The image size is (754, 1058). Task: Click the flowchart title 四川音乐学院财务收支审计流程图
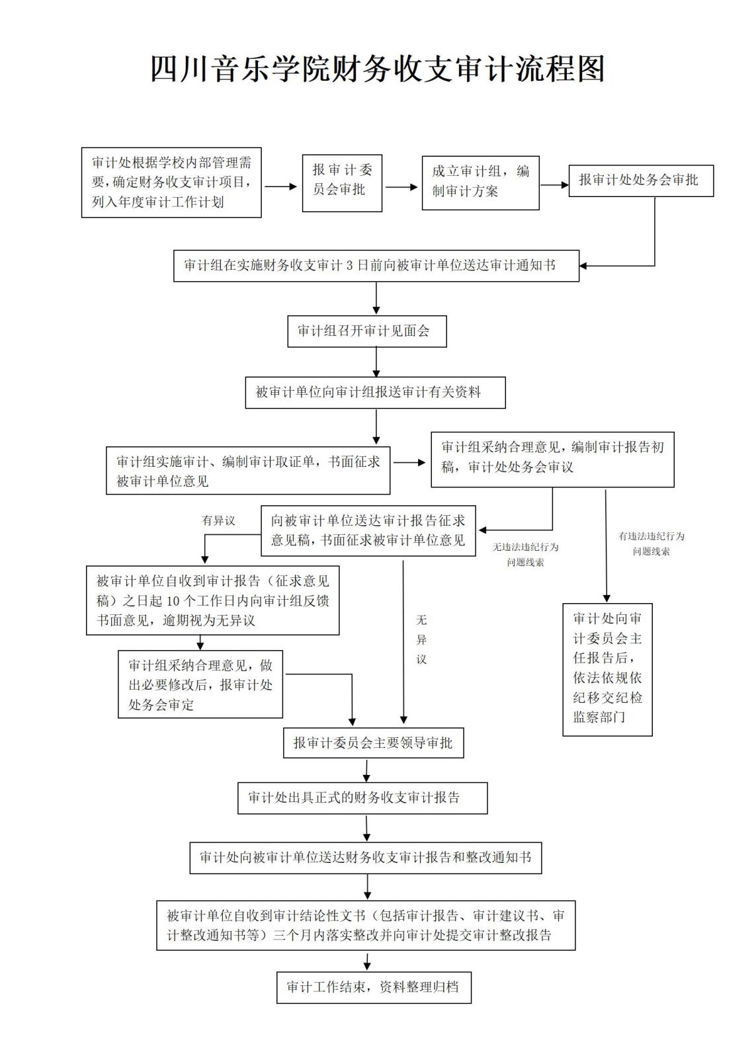coord(377,69)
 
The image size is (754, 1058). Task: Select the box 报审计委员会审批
coord(342,183)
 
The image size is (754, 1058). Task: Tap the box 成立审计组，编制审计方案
coord(480,183)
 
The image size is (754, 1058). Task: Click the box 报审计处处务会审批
coord(640,181)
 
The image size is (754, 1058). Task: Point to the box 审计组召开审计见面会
coord(366,331)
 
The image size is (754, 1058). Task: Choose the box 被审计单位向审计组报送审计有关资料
coord(375,393)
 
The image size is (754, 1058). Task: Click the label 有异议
coord(218,521)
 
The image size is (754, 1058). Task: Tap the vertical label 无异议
coord(421,639)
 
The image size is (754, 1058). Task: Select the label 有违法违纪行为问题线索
coord(651,544)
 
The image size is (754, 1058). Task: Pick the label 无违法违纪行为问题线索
coord(525,555)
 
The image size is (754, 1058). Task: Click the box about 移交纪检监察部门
coord(607,669)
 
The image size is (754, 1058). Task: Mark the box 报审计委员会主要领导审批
coord(373,743)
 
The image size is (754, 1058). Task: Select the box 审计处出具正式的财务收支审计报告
coord(362,798)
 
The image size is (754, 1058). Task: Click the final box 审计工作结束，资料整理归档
coord(374,988)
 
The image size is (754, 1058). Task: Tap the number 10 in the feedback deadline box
coord(173,601)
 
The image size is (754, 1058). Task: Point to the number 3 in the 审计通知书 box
coord(350,266)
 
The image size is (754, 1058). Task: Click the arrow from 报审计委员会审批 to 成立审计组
coord(401,187)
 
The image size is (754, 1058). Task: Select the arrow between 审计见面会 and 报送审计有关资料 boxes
coord(376,362)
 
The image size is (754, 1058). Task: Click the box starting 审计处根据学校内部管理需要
coord(171,183)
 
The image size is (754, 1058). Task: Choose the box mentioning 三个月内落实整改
coord(365,926)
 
